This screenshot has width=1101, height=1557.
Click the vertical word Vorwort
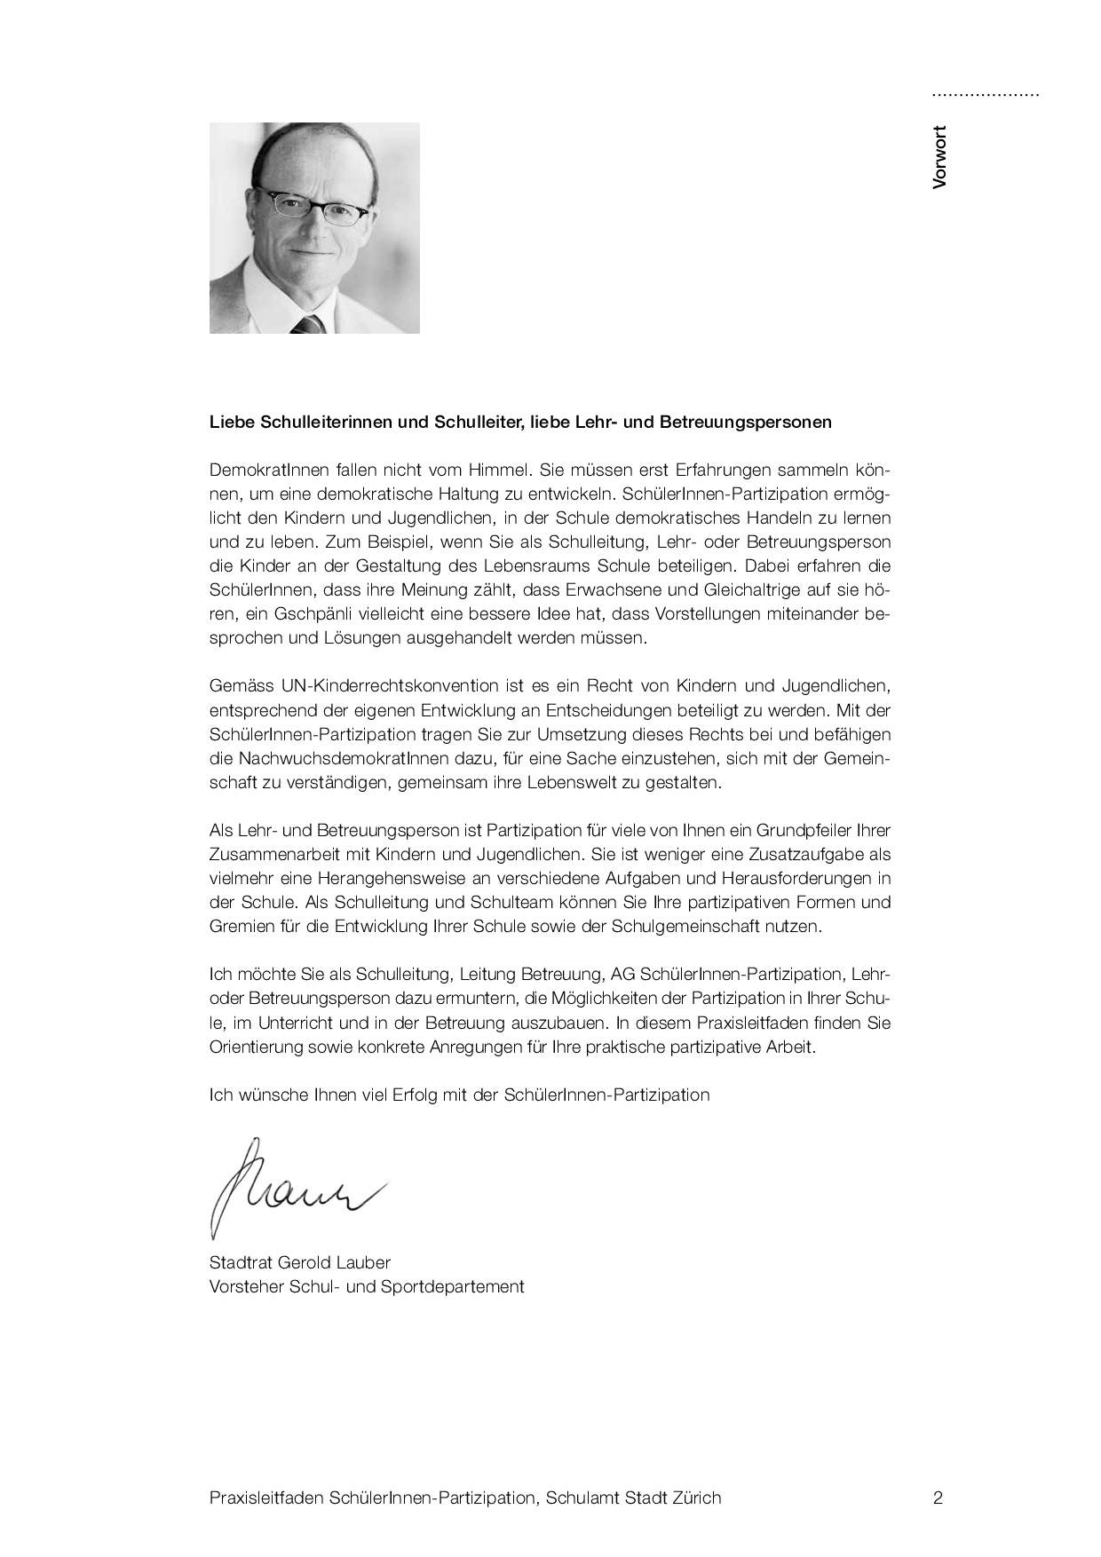pyautogui.click(x=940, y=157)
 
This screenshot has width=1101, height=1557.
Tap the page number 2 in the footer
pyautogui.click(x=938, y=1498)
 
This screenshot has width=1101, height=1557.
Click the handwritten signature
pyautogui.click(x=293, y=1186)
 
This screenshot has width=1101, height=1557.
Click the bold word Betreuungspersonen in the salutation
pyautogui.click(x=746, y=422)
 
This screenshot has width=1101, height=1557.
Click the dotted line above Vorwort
pyautogui.click(x=985, y=94)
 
